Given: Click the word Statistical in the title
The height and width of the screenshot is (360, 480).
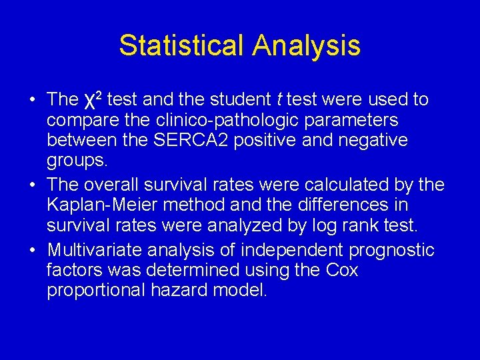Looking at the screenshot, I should [x=181, y=45].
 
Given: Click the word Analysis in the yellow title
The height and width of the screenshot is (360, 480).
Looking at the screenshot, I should [x=306, y=45].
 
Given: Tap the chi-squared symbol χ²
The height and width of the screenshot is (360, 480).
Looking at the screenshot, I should [x=93, y=101].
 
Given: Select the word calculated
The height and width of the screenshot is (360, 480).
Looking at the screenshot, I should [x=352, y=185].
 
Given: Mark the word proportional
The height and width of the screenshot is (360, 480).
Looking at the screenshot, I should [x=94, y=291].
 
